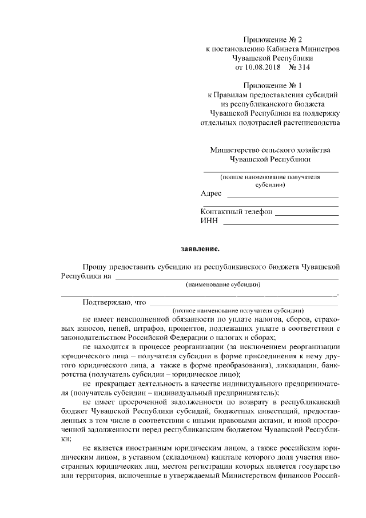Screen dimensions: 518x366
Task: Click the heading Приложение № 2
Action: tap(272, 39)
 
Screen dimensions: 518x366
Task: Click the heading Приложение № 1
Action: tap(272, 85)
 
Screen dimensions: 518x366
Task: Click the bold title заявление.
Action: tap(200, 249)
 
